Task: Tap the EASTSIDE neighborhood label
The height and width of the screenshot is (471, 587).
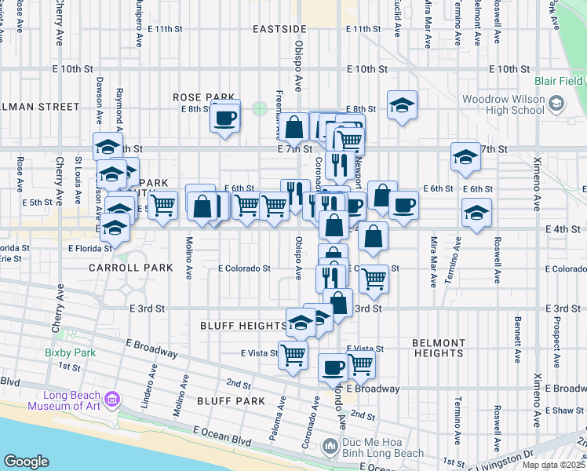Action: click(279, 28)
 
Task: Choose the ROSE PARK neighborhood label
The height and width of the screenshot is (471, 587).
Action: click(199, 97)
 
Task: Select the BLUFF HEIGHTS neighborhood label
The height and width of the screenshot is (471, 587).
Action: click(243, 325)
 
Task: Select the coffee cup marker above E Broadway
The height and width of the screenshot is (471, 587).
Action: click(334, 367)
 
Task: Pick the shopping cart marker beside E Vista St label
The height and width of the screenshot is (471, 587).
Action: click(293, 354)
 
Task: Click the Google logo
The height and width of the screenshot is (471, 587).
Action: click(26, 462)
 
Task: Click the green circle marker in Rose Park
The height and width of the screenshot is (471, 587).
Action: click(260, 108)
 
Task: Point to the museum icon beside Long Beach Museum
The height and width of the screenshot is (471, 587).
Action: click(112, 400)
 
